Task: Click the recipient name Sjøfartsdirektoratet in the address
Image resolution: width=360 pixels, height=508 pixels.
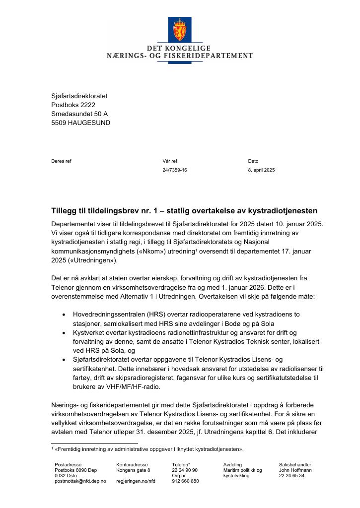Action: pyautogui.click(x=79, y=96)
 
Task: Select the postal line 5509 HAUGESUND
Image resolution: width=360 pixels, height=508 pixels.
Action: pyautogui.click(x=81, y=123)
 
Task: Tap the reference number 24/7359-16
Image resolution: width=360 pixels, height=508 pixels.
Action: pyautogui.click(x=175, y=170)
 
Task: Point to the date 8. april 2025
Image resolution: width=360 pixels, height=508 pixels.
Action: pyautogui.click(x=261, y=170)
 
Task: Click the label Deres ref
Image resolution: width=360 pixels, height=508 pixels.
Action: pyautogui.click(x=62, y=161)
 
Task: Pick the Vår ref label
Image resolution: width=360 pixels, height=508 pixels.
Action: pyautogui.click(x=170, y=161)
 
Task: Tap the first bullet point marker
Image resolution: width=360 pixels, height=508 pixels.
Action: pyautogui.click(x=64, y=315)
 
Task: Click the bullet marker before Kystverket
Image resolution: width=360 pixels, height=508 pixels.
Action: pyautogui.click(x=64, y=332)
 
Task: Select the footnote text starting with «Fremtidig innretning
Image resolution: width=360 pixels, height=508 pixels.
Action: pyautogui.click(x=149, y=449)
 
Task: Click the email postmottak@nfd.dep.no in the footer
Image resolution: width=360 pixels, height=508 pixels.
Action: pyautogui.click(x=80, y=481)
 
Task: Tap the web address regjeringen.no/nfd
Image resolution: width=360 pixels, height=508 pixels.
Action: pyautogui.click(x=136, y=481)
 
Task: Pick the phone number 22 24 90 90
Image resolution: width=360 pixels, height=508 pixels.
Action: pyautogui.click(x=185, y=470)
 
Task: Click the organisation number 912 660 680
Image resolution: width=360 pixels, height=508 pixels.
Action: pyautogui.click(x=185, y=481)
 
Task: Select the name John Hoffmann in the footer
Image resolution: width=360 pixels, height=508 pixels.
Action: pyautogui.click(x=295, y=470)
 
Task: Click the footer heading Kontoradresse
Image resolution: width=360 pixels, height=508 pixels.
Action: pyautogui.click(x=132, y=464)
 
